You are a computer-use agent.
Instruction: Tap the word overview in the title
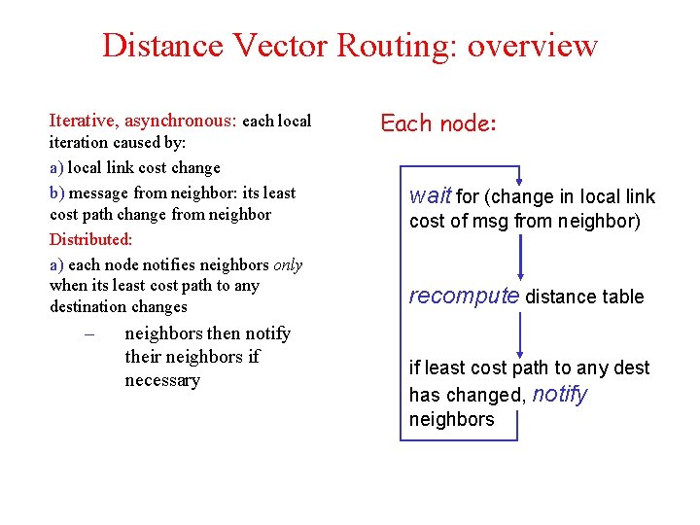(x=533, y=46)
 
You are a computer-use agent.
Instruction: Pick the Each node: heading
(x=438, y=123)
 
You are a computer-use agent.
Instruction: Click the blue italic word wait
(x=430, y=195)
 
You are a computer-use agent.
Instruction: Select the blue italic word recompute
(x=464, y=296)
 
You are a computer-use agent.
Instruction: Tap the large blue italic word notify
(x=559, y=394)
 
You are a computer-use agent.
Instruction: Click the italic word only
(x=287, y=264)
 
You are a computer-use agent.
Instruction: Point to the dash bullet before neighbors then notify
(x=88, y=334)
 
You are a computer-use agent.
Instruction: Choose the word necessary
(x=162, y=380)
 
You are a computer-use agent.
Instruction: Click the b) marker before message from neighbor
(x=56, y=192)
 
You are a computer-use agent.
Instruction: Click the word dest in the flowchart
(x=632, y=367)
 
